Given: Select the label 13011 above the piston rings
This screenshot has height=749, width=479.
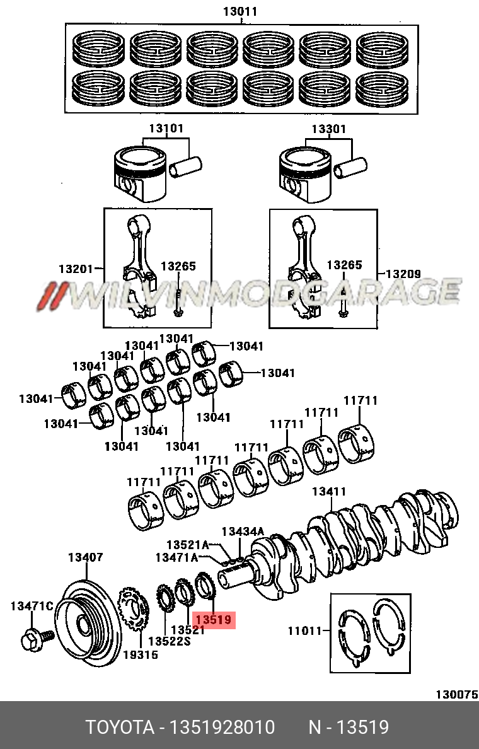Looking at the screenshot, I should pyautogui.click(x=241, y=11).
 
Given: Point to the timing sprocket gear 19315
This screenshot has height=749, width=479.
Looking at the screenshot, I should pyautogui.click(x=132, y=612).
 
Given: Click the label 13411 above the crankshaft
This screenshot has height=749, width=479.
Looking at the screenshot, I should pyautogui.click(x=328, y=491).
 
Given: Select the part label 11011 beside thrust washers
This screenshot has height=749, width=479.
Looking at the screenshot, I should pyautogui.click(x=306, y=630).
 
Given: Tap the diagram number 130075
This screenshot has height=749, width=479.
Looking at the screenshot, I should pyautogui.click(x=456, y=694).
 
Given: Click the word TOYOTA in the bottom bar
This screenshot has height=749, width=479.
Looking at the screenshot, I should pyautogui.click(x=120, y=728).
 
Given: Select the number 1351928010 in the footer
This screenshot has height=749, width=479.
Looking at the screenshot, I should pyautogui.click(x=221, y=728).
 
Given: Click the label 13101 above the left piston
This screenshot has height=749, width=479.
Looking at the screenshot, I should pyautogui.click(x=166, y=129).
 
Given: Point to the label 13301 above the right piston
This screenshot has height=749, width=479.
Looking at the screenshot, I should pyautogui.click(x=328, y=129).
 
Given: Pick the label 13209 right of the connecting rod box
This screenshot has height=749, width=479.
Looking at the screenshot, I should pyautogui.click(x=403, y=274).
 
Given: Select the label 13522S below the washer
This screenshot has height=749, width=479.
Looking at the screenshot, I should pyautogui.click(x=169, y=641).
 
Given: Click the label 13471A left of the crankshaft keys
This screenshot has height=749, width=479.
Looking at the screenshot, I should pyautogui.click(x=176, y=557).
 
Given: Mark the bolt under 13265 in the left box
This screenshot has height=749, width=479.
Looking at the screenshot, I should pyautogui.click(x=180, y=303).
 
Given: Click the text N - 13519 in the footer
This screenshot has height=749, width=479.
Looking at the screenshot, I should pyautogui.click(x=348, y=728).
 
